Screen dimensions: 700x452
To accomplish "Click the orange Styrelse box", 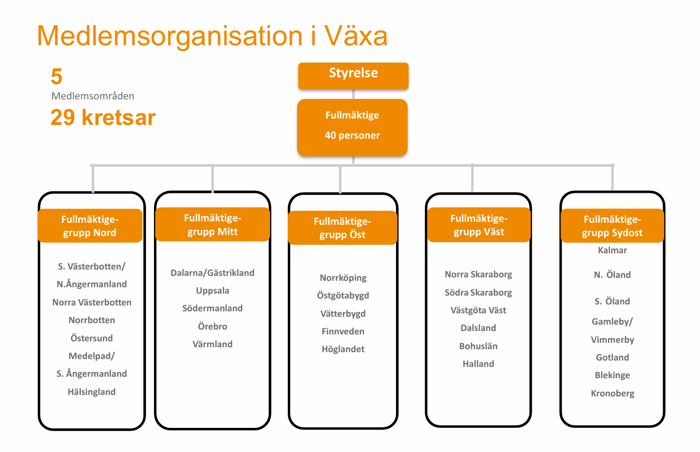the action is [353, 76].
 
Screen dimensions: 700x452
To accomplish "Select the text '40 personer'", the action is [352, 135].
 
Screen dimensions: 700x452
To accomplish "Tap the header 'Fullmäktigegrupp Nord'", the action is [90, 226].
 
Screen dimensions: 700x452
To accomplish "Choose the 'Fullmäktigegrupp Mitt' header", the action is [213, 224].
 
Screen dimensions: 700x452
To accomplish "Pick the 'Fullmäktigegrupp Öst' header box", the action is [342, 228].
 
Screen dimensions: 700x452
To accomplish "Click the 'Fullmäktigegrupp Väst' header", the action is [479, 225].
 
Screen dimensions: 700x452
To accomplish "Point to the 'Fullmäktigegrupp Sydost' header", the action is [612, 226].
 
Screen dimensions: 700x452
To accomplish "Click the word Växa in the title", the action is [356, 35].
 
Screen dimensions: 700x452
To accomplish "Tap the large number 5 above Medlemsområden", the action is [57, 77].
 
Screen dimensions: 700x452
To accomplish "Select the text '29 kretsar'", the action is [103, 118].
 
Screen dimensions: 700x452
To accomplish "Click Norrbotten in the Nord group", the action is [91, 320].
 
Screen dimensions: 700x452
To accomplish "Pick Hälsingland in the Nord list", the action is [91, 392].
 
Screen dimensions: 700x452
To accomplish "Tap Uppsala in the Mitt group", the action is [213, 291].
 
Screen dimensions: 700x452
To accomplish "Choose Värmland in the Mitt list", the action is [213, 344].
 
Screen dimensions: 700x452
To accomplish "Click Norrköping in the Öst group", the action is [343, 278].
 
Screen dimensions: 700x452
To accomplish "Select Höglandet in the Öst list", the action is [343, 349].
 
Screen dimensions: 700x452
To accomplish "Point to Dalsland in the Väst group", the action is [478, 328].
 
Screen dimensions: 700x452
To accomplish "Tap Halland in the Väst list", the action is [478, 364].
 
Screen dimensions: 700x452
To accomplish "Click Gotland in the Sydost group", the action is [612, 358].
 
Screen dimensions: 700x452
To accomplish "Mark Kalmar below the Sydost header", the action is [612, 250].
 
